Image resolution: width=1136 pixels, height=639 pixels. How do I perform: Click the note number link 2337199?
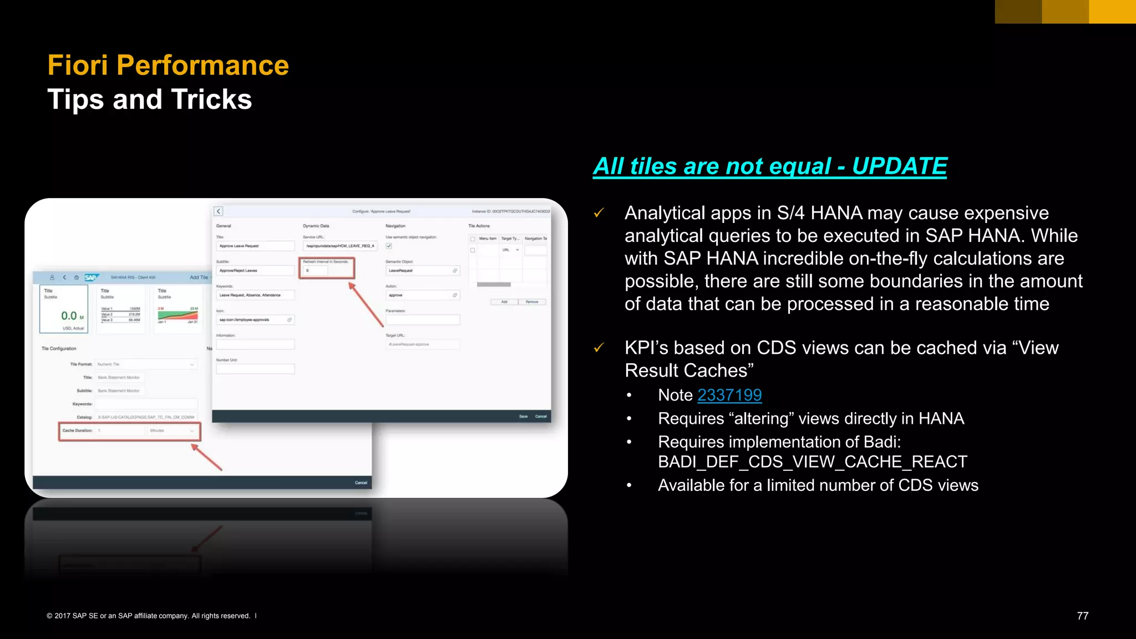pos(729,395)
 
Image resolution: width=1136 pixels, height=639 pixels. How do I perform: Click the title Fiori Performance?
pos(168,65)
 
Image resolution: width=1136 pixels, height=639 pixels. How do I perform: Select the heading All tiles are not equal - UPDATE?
pos(769,166)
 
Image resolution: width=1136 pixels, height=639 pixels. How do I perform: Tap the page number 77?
pos(1082,616)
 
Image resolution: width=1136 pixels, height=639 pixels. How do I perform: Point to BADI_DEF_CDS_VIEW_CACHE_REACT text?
pos(812,461)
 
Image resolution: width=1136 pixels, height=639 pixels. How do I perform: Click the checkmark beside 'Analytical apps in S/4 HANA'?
pos(599,213)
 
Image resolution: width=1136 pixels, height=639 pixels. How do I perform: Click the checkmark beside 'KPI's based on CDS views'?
pos(599,348)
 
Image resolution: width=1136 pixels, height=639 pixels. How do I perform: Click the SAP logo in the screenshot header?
pos(90,277)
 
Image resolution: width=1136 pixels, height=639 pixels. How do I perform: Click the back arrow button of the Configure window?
pos(219,211)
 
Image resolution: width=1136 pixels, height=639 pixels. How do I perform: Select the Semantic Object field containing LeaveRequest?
pos(422,271)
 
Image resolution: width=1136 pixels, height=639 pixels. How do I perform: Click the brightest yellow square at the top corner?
pos(1112,11)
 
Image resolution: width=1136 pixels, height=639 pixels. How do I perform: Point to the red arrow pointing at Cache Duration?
pos(207,457)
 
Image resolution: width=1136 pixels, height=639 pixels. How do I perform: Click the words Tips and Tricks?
pos(150,100)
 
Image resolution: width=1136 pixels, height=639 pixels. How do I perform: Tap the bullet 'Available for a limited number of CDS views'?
pos(818,485)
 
